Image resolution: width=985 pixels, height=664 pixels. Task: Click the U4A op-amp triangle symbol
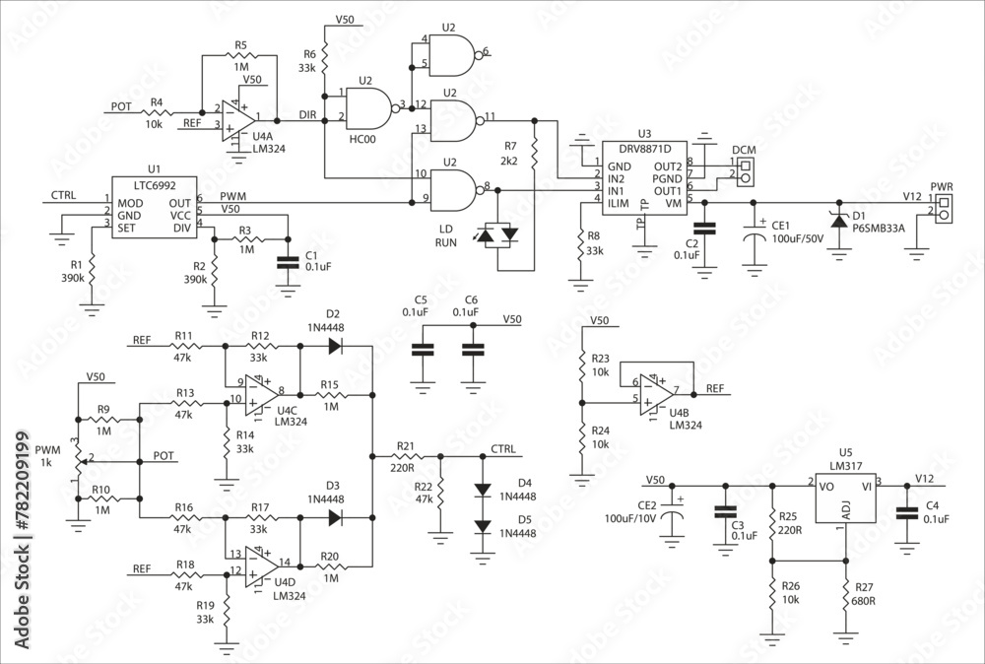pyautogui.click(x=234, y=118)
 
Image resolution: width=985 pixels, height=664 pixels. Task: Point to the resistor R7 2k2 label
pyautogui.click(x=509, y=153)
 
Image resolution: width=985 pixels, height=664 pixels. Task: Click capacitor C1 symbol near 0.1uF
pyautogui.click(x=287, y=263)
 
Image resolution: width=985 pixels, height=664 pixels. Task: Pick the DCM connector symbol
pyautogui.click(x=745, y=171)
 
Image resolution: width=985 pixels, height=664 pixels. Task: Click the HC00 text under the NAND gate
pyautogui.click(x=362, y=140)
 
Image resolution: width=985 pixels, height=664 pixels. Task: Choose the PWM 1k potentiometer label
pyautogui.click(x=47, y=456)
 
